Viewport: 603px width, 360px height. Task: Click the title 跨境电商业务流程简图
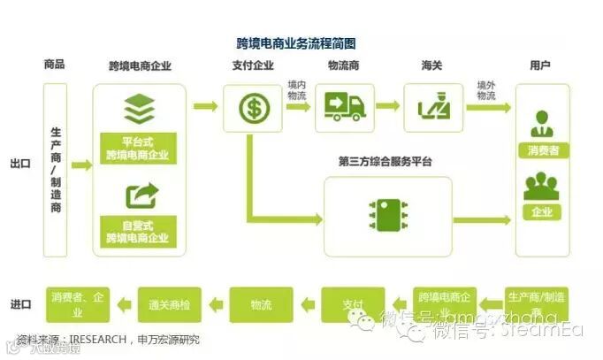click(x=296, y=42)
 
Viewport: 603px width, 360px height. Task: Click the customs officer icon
click(x=433, y=108)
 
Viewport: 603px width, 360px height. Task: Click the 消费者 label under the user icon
click(x=542, y=150)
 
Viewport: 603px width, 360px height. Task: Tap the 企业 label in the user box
click(x=542, y=212)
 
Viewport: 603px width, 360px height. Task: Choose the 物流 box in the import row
click(x=261, y=305)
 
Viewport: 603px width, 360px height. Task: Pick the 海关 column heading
click(x=432, y=65)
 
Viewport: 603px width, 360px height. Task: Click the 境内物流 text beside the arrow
click(x=297, y=90)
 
